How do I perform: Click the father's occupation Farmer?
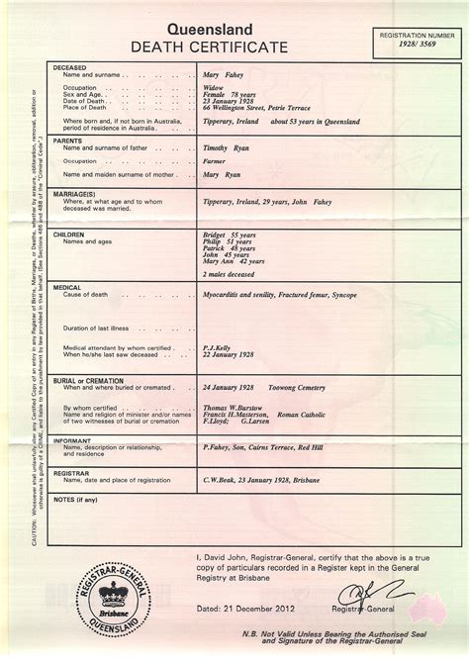(x=214, y=160)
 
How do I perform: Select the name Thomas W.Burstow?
(x=232, y=407)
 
